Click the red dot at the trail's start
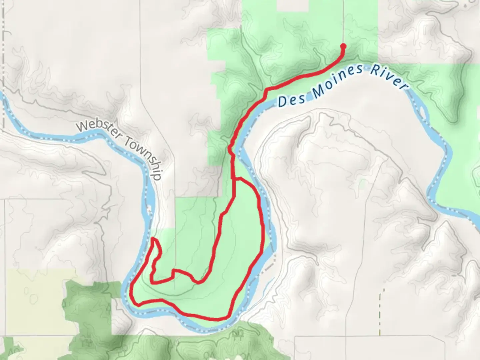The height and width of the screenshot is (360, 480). coord(343,46)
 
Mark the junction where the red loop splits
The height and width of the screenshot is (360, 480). coord(235,179)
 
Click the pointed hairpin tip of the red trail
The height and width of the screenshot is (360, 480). coord(153,239)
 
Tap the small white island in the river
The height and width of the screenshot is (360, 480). coord(149,210)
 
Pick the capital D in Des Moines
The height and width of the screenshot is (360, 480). coord(282,102)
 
